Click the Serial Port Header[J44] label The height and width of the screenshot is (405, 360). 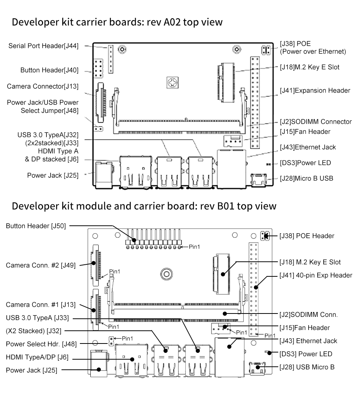43,46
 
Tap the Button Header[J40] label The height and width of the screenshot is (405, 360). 49,70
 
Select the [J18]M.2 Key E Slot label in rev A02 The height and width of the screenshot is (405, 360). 310,67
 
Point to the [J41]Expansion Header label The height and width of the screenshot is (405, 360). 315,91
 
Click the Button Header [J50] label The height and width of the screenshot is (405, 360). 36,226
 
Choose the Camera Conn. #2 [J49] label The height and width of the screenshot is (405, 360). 41,265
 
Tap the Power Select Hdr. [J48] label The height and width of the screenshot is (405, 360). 41,344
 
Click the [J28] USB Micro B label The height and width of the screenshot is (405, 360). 307,367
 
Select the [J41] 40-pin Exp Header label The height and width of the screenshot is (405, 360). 316,275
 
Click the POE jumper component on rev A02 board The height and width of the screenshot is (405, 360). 266,50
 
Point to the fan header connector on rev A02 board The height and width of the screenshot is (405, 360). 233,141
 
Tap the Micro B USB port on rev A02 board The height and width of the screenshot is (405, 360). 258,180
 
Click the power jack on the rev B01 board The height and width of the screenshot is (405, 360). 99,363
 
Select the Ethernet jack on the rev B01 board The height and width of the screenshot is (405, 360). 229,357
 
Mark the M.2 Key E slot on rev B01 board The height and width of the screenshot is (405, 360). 222,274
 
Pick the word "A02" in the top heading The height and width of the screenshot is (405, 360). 172,22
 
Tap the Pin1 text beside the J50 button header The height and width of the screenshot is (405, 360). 195,247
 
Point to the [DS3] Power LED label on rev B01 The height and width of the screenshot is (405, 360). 306,354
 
